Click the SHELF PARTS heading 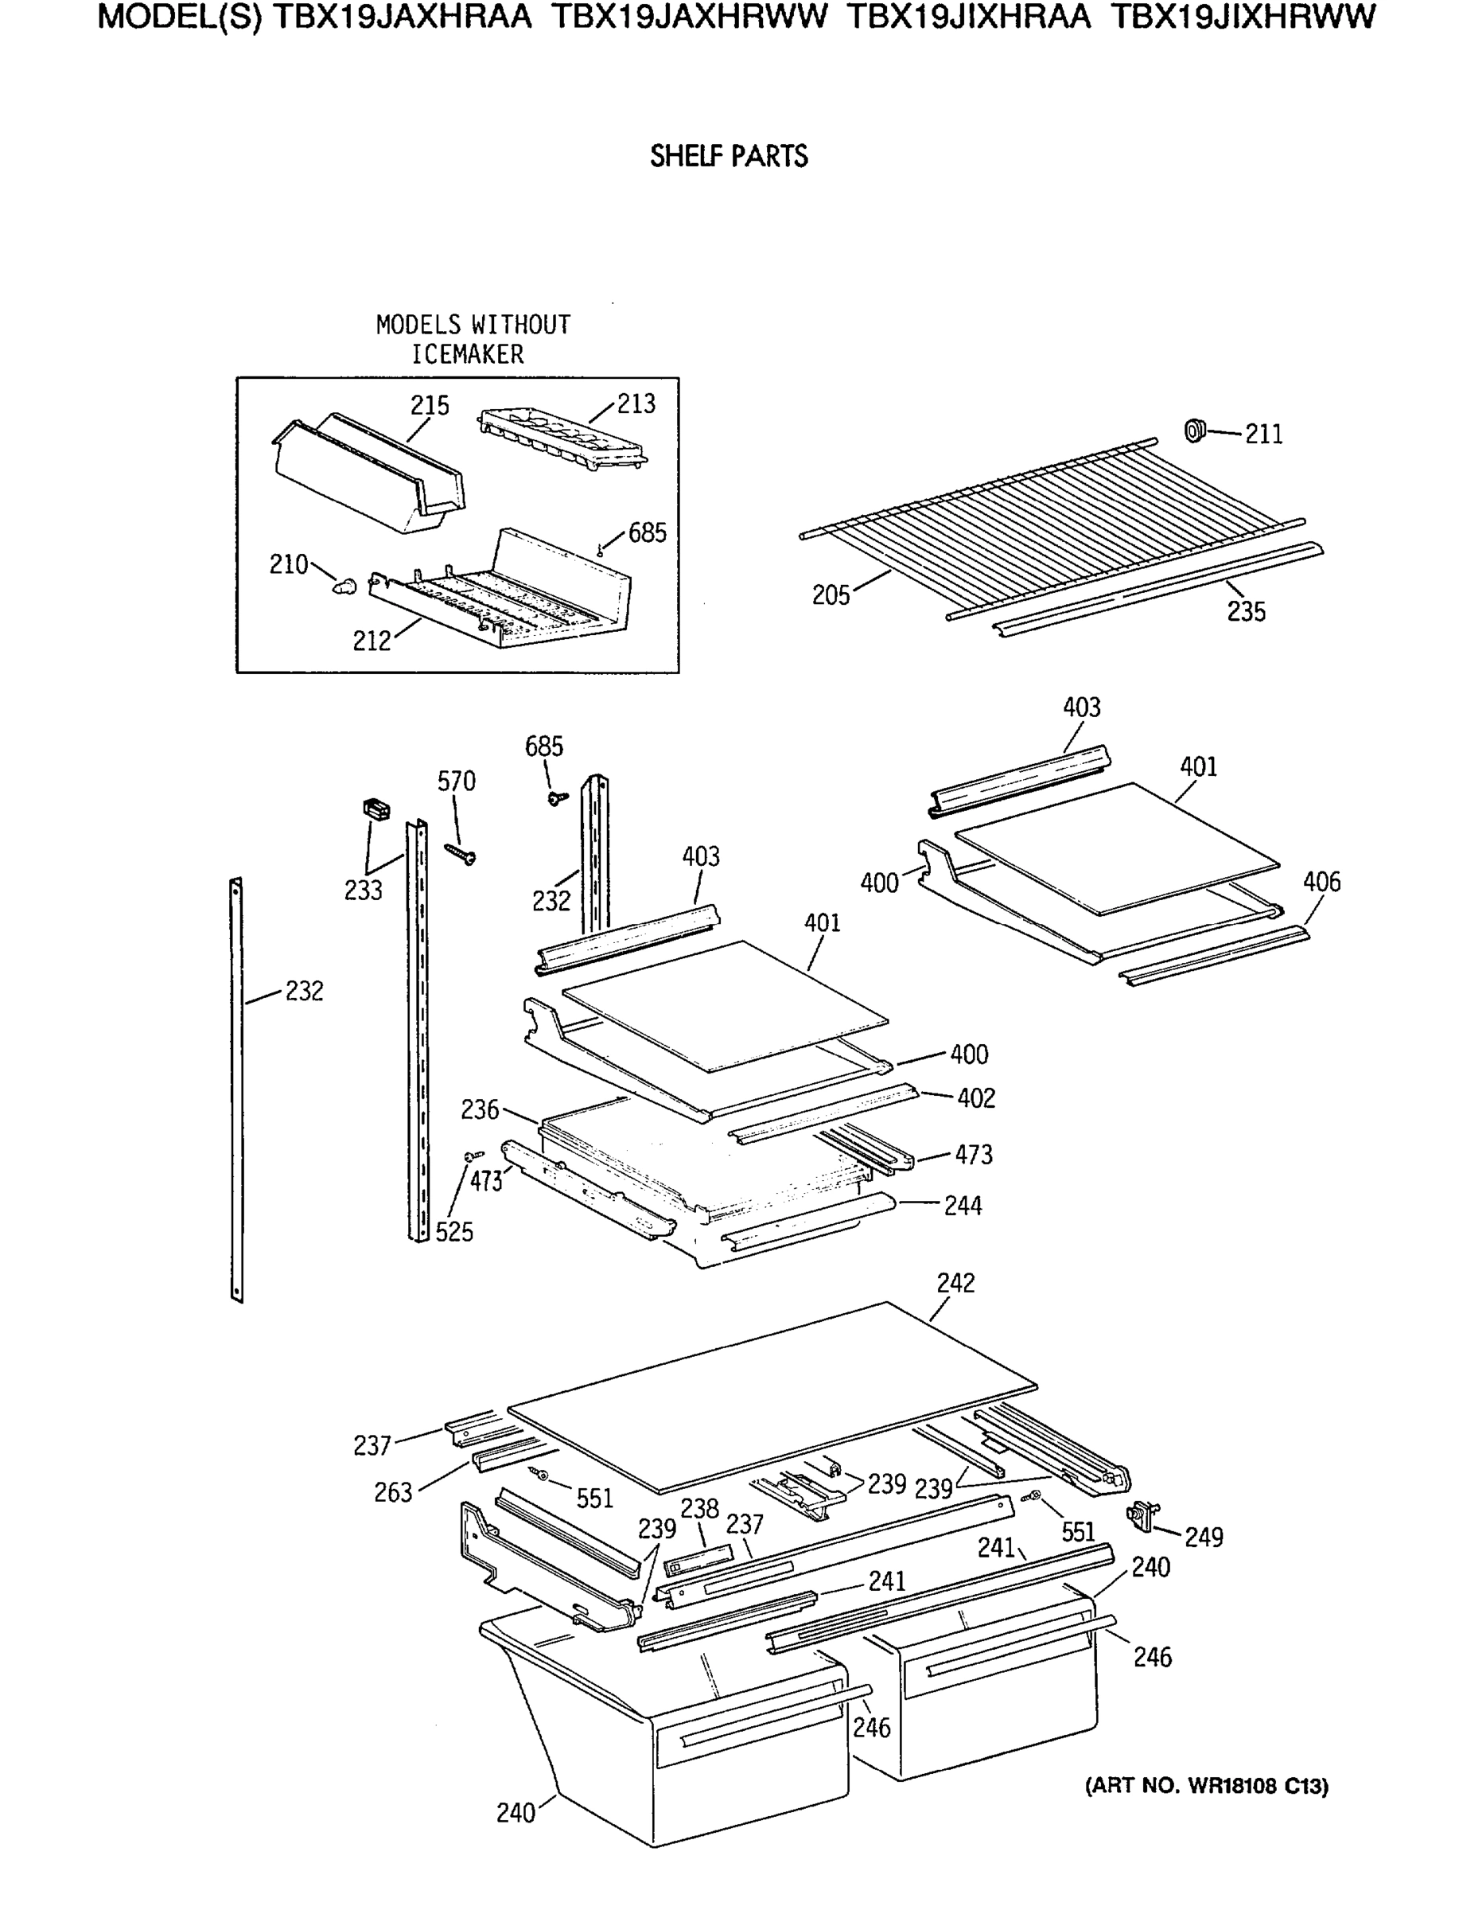point(729,156)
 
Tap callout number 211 point(1263,434)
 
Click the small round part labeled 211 point(1196,430)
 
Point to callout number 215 point(430,406)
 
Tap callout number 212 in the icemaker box point(372,641)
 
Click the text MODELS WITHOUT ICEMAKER point(473,339)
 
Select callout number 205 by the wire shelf point(831,595)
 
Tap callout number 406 point(1321,882)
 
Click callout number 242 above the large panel point(955,1283)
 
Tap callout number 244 point(963,1206)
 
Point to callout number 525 point(454,1232)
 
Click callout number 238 point(699,1509)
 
